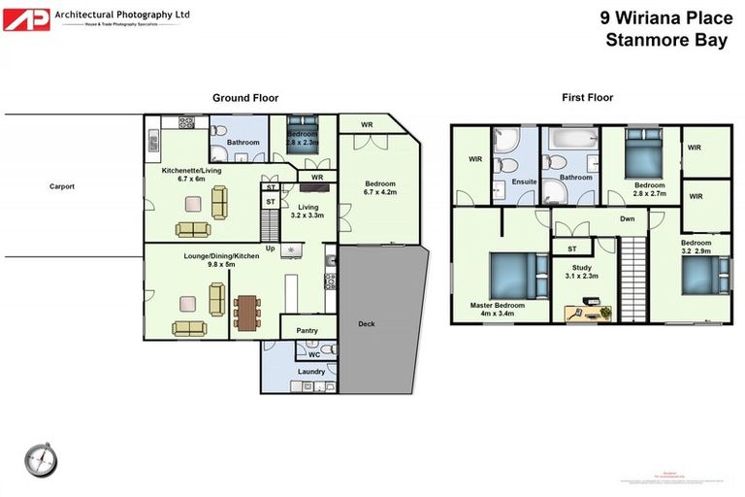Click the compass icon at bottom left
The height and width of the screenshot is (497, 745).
[42, 458]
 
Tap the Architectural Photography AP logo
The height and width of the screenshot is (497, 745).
[26, 18]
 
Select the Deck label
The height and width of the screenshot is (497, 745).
[366, 323]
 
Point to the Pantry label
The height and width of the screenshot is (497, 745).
[307, 331]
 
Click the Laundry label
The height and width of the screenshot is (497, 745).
[310, 372]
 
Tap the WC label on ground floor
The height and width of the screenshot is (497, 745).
[314, 354]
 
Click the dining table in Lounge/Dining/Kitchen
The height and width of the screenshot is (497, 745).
[246, 313]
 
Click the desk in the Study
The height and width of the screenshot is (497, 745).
[588, 314]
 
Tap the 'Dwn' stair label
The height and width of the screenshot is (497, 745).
[628, 219]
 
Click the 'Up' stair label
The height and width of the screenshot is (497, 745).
[271, 248]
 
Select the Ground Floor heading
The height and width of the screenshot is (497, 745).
[245, 98]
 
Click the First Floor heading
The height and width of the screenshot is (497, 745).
[587, 98]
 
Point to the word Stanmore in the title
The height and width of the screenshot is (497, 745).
[642, 40]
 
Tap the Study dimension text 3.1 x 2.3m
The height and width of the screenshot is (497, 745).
[584, 276]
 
